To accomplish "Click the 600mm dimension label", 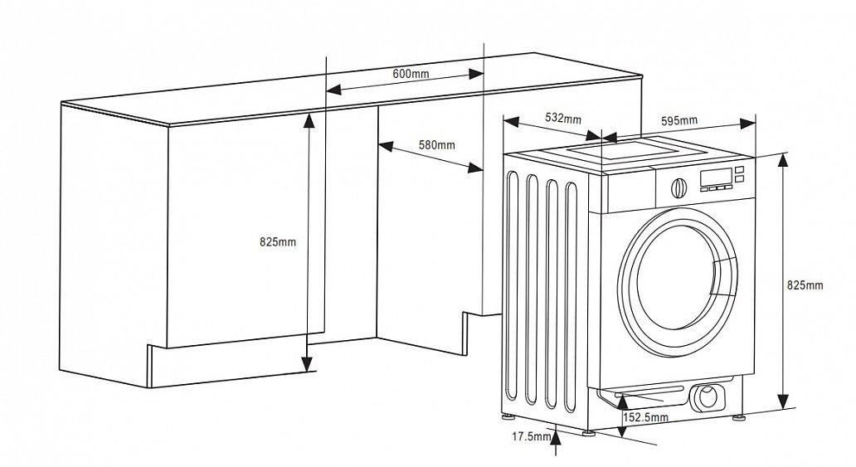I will point(411,74).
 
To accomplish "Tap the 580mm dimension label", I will point(436,145).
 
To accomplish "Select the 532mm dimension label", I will point(563,118).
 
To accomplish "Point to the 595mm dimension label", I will point(678,120).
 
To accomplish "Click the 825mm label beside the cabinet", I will point(277,242).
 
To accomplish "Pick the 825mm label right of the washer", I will point(805,285).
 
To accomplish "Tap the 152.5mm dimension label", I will point(645,418).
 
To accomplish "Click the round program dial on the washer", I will point(678,187).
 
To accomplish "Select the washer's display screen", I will point(715,177).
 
